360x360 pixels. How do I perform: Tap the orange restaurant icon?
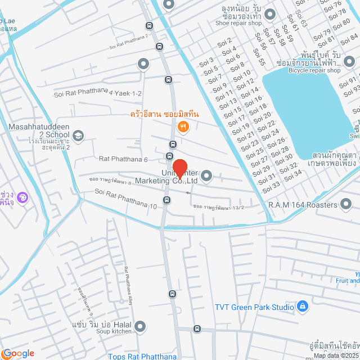point(182,128)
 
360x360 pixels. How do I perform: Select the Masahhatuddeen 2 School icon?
point(78,135)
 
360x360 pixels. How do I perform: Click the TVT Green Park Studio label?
point(254,307)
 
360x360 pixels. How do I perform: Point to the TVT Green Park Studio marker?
point(302,306)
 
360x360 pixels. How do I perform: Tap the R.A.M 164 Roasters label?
point(302,205)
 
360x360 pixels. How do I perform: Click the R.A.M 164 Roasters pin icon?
point(345,205)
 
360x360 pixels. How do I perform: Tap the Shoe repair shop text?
point(238,23)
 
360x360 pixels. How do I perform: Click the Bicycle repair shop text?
point(314,70)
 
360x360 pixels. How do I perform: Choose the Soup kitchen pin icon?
point(141,326)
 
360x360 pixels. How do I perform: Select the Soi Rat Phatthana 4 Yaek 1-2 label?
point(98,94)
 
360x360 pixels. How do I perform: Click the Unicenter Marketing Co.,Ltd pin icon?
point(206,176)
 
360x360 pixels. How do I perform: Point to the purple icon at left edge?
point(21,197)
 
